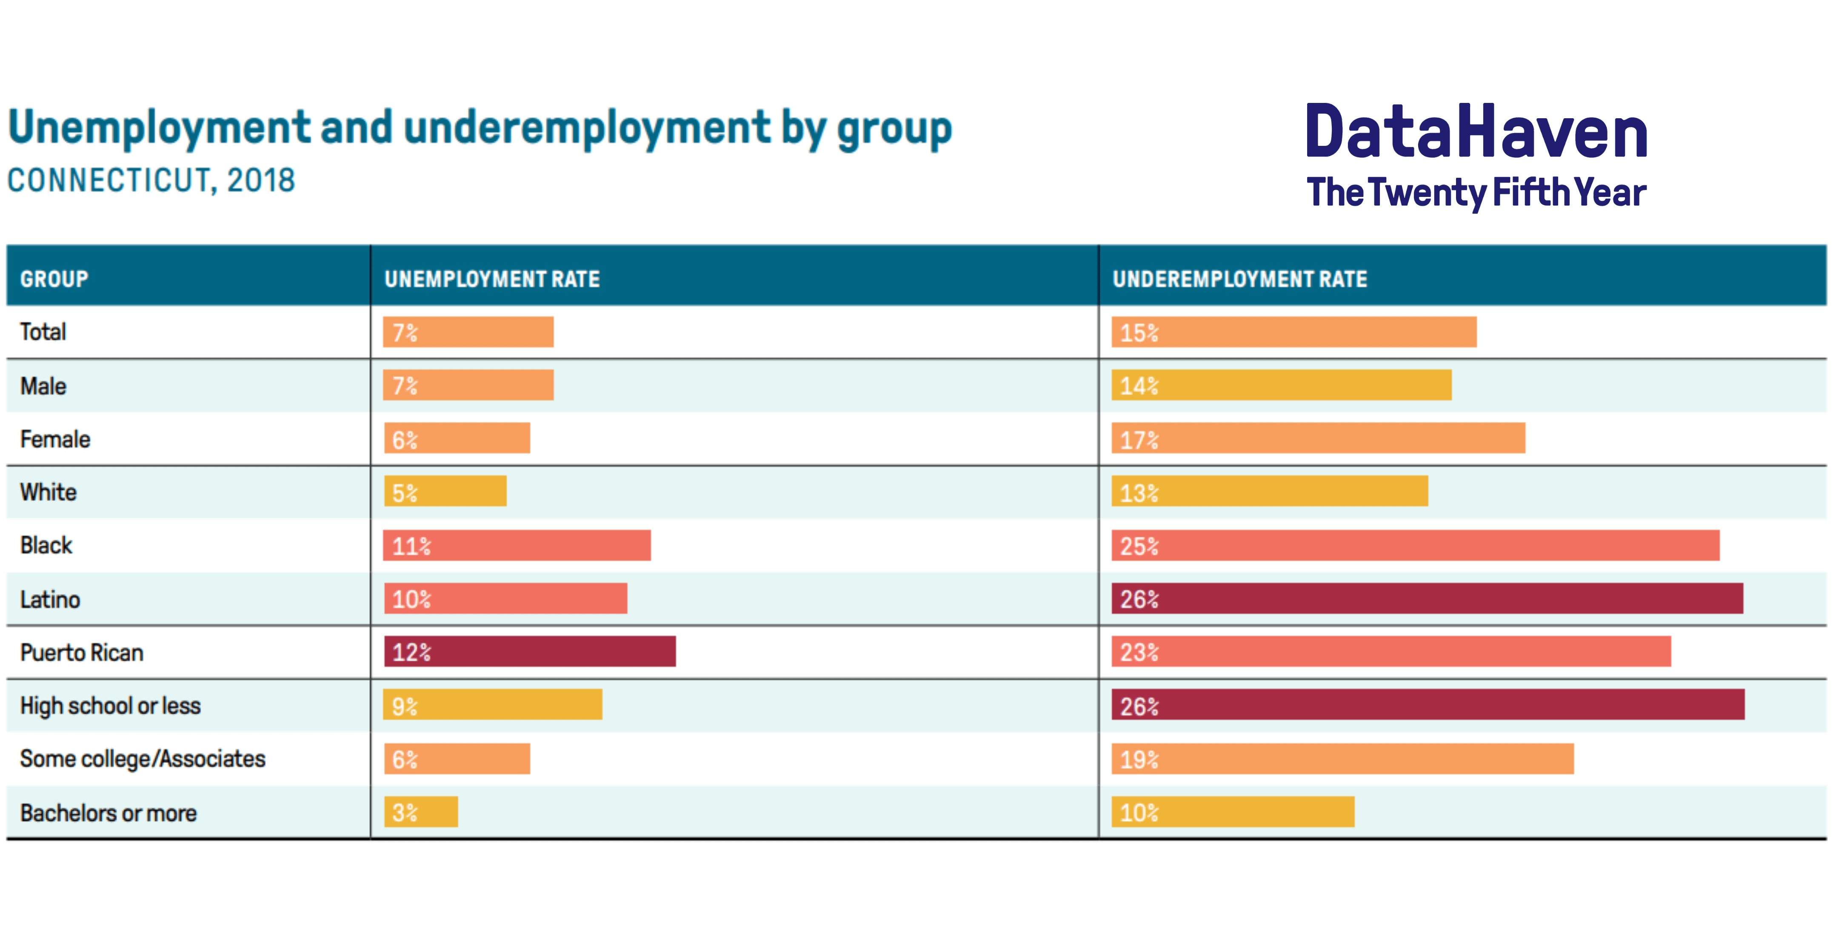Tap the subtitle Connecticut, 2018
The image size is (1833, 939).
point(151,181)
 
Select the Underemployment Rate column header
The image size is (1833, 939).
point(1239,279)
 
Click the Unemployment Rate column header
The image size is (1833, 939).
point(492,279)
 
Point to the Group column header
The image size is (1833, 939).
point(54,279)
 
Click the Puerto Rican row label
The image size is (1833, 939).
point(82,652)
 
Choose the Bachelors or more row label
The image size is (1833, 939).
point(108,812)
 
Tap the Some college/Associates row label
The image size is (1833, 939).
point(142,759)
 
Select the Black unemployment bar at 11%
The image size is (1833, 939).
point(517,546)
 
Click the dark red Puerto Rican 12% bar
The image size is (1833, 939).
point(530,652)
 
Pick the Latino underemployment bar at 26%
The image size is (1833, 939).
point(1428,598)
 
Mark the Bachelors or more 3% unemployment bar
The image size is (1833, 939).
point(420,812)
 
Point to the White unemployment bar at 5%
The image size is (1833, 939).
point(445,492)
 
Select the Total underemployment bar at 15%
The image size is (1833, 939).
point(1293,332)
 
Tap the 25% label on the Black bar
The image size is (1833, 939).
point(1139,546)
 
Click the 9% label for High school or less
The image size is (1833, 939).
point(404,706)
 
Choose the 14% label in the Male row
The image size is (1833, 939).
point(1139,386)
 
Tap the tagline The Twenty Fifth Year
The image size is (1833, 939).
point(1476,192)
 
